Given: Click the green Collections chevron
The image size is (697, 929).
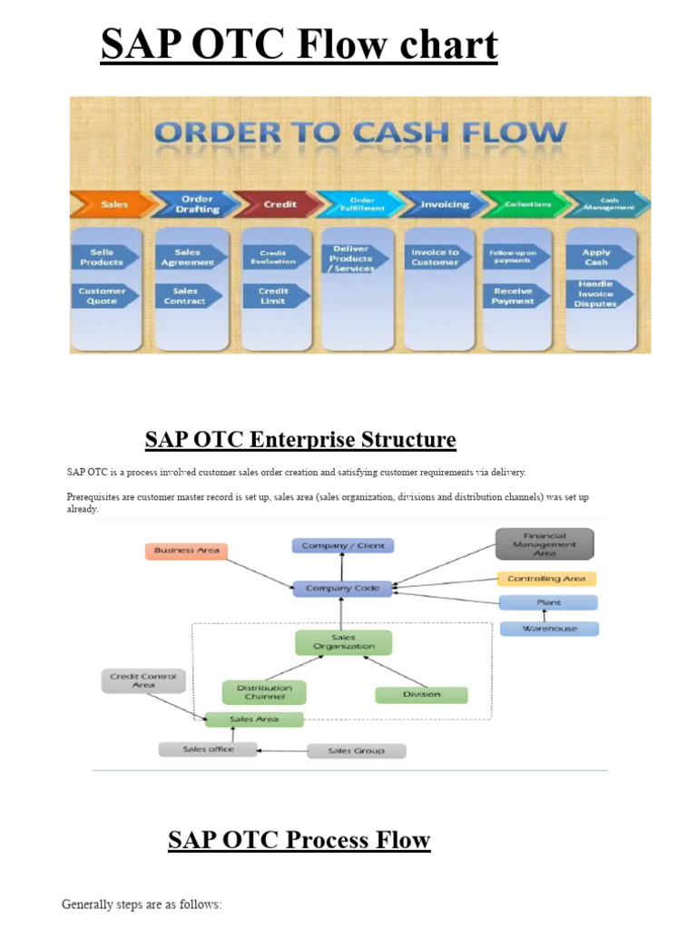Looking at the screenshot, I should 525,204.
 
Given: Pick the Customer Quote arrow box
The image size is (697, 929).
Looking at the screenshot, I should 103,296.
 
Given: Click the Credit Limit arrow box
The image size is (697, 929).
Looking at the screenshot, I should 274,296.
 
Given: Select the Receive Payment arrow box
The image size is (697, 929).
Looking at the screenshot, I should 515,296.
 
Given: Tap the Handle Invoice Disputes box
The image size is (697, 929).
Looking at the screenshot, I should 596,294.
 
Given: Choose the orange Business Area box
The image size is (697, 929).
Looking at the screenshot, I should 186,551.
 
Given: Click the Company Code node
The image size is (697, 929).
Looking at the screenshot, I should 342,589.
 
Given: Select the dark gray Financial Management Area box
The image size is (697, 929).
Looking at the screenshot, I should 545,543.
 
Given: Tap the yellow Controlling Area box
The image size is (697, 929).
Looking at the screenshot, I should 546,579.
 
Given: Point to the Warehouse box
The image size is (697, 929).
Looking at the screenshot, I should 549,628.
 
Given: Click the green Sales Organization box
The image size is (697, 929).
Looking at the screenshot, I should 343,643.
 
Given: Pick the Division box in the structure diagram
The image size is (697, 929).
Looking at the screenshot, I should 421,695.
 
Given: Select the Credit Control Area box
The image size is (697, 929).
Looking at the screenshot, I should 143,680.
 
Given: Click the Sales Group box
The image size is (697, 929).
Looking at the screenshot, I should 356,751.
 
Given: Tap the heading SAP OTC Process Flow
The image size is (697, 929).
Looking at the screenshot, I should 299,840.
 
